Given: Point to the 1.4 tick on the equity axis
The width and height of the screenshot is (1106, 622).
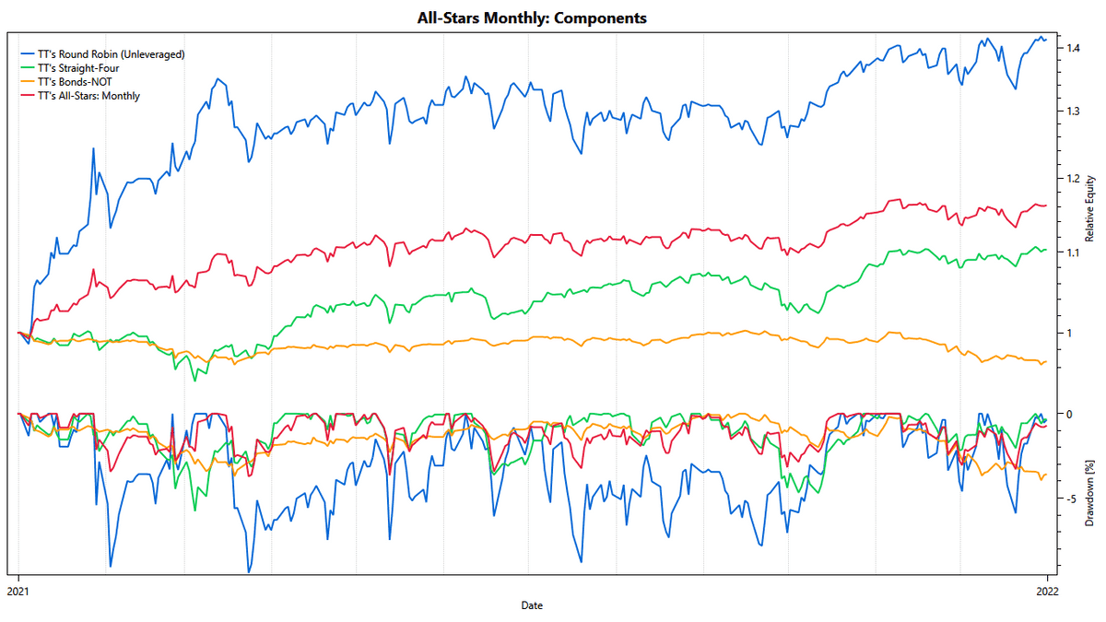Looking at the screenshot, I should coord(1074,48).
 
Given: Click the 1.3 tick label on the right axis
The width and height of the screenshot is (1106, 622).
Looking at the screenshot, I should coord(1074,111).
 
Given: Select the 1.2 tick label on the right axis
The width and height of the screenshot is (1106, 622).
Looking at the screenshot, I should coord(1074,177).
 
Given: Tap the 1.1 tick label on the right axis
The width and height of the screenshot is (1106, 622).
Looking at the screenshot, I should coord(1074,252).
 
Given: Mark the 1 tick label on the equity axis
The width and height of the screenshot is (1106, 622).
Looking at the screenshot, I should coord(1069,333).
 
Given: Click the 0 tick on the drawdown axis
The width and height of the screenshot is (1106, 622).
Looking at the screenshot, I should coord(1069,414).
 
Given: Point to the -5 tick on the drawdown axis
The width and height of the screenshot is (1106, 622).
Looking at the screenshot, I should coord(1071,499).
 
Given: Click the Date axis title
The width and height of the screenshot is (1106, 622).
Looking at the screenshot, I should coord(532,605).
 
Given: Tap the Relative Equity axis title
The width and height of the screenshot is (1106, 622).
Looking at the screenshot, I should coord(1090,208).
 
